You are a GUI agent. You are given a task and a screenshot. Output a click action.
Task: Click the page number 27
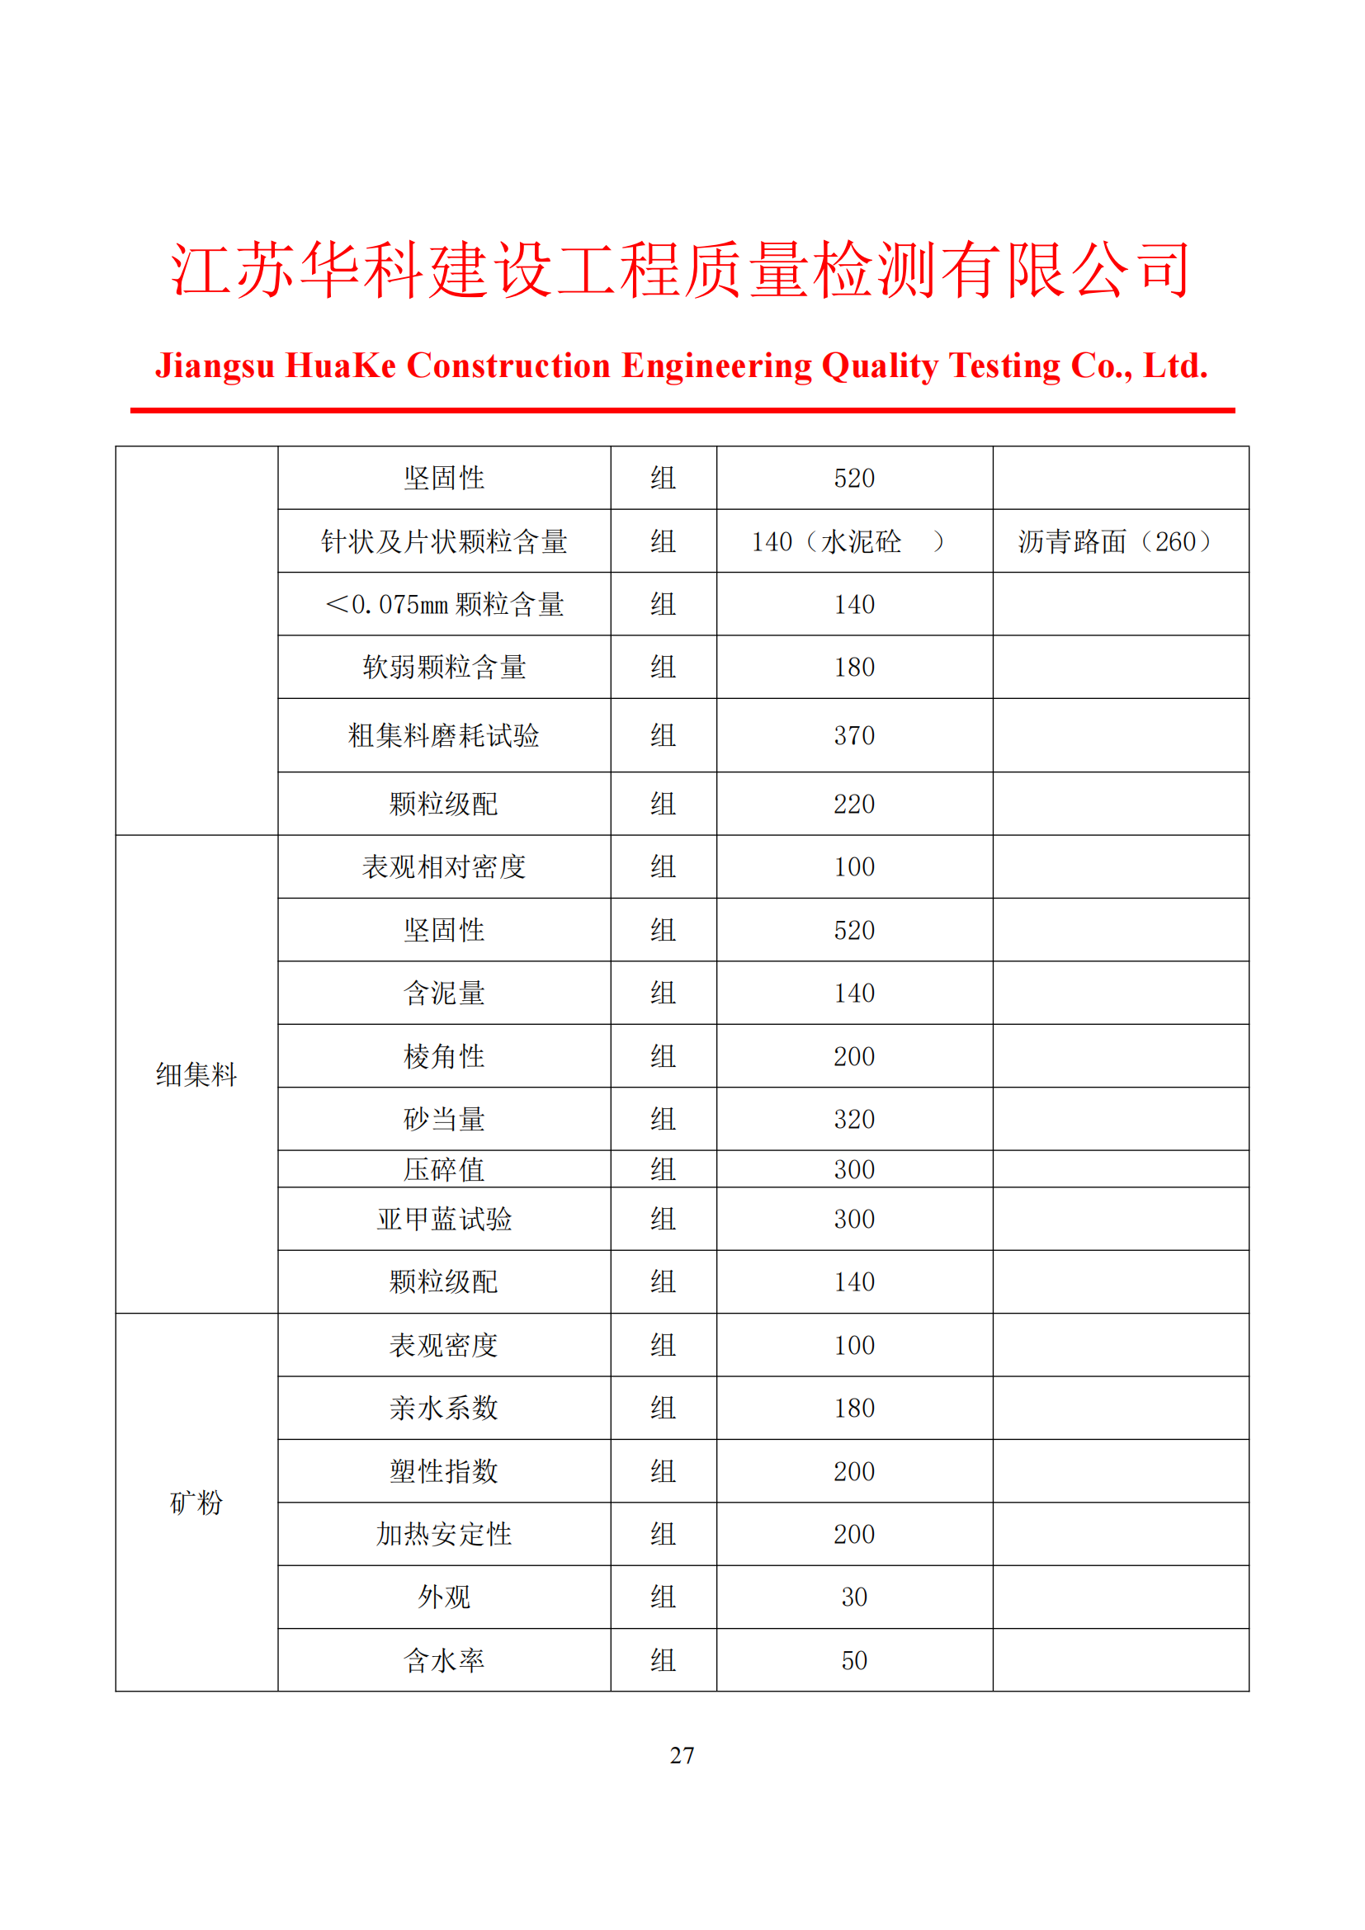coord(682,1755)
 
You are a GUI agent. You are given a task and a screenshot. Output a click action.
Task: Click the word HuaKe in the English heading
coord(340,366)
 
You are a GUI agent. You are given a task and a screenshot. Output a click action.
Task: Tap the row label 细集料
coord(196,1074)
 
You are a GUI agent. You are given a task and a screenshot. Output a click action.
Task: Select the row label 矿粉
coord(196,1502)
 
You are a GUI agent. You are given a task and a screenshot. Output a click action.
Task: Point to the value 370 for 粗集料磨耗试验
coord(854,735)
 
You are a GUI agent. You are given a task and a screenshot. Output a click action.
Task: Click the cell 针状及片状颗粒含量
coord(444,541)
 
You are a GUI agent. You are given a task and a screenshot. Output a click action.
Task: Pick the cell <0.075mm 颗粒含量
coord(444,604)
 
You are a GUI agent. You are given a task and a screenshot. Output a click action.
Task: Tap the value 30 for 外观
coord(854,1597)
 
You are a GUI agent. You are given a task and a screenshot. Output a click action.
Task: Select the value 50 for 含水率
coord(854,1660)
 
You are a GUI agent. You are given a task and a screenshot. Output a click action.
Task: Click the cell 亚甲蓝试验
coord(444,1219)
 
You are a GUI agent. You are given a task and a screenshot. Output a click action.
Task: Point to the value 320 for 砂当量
coord(854,1119)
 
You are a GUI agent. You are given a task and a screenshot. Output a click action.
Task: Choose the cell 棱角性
coord(444,1056)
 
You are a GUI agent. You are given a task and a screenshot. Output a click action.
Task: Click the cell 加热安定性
coord(444,1534)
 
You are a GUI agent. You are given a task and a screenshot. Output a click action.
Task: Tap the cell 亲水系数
coord(444,1408)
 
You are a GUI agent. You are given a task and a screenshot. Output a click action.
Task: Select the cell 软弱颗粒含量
coord(444,668)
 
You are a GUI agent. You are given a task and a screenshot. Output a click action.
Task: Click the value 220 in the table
coord(854,805)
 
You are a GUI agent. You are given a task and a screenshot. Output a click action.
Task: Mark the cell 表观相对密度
coord(444,866)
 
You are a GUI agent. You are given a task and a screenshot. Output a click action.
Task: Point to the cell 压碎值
coord(444,1169)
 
